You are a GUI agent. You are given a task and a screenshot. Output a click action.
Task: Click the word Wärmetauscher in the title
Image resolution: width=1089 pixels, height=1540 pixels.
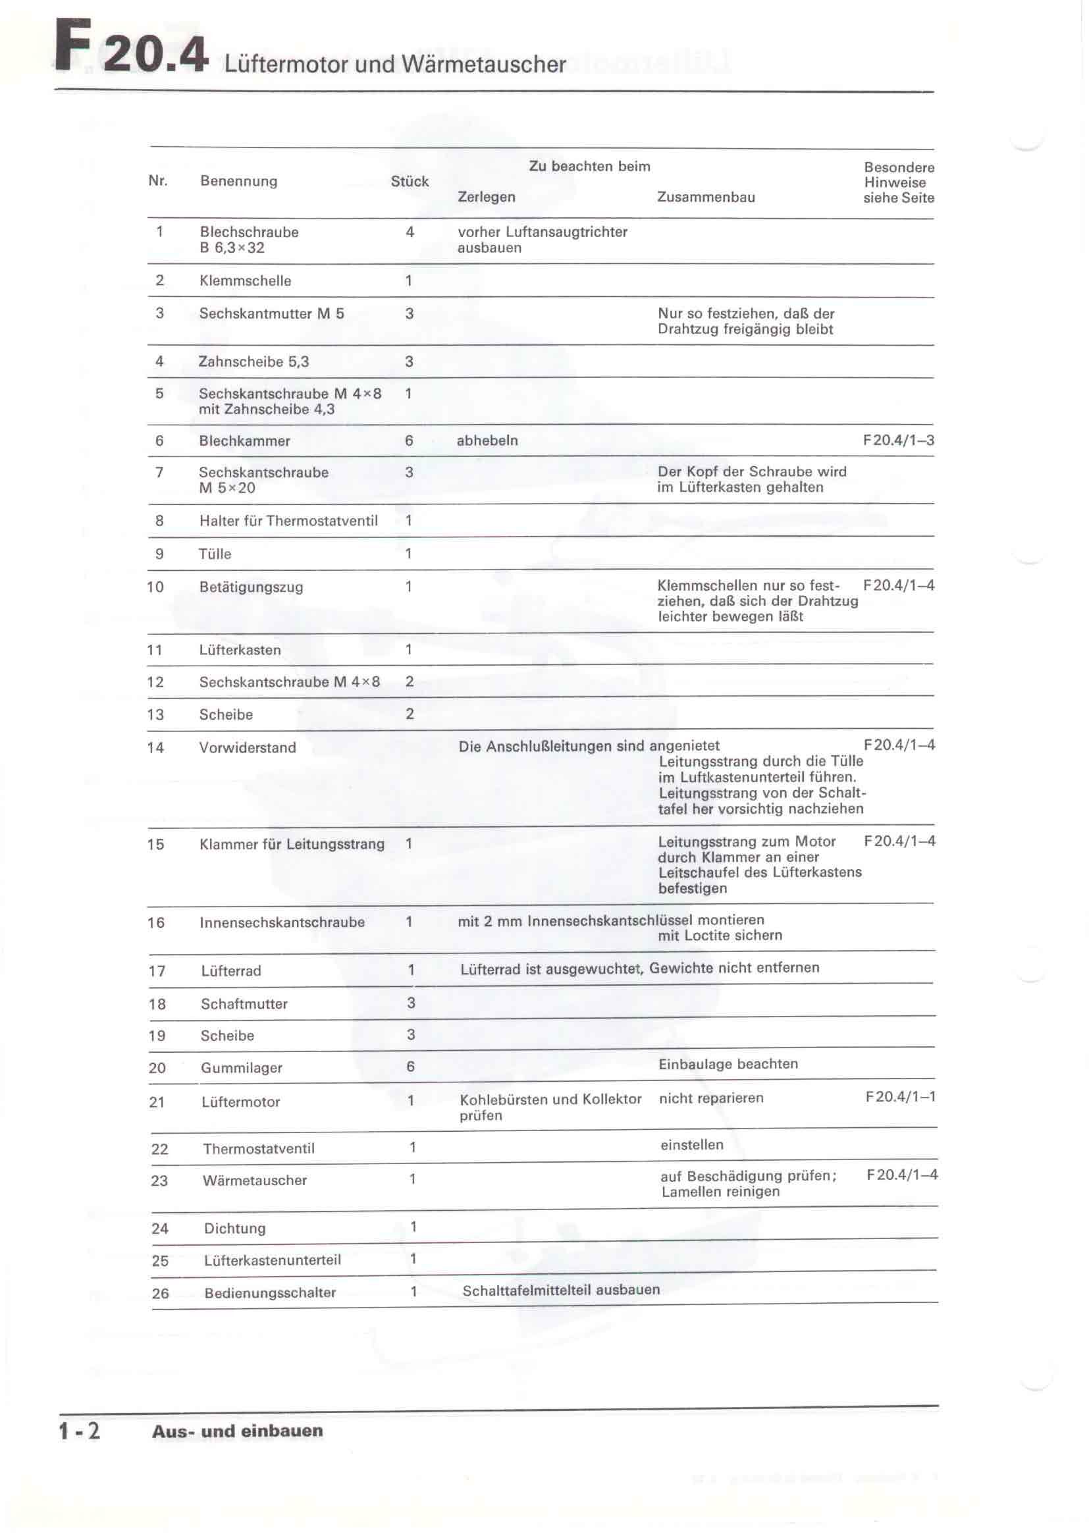pyautogui.click(x=483, y=65)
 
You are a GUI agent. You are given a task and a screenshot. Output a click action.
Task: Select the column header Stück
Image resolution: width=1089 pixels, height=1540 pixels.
pyautogui.click(x=410, y=181)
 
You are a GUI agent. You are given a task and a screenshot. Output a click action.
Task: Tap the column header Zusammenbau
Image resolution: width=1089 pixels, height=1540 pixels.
pyautogui.click(x=705, y=198)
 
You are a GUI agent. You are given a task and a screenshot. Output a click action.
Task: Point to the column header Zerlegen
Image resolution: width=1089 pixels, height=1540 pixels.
pyautogui.click(x=486, y=198)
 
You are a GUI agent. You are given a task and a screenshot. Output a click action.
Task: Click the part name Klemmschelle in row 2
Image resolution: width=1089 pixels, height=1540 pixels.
pyautogui.click(x=245, y=281)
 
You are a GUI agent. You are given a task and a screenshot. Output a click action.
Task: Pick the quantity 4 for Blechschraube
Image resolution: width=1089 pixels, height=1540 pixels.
pyautogui.click(x=410, y=232)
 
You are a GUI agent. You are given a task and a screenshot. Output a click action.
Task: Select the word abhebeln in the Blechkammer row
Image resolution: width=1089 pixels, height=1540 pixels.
pyautogui.click(x=487, y=440)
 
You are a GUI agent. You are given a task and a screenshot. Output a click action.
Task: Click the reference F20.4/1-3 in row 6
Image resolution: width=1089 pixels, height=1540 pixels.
pyautogui.click(x=898, y=440)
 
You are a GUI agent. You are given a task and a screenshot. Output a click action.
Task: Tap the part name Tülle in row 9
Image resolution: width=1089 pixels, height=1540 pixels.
pyautogui.click(x=215, y=554)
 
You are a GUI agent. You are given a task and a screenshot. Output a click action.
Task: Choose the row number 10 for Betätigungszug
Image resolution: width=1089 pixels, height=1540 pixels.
pyautogui.click(x=155, y=587)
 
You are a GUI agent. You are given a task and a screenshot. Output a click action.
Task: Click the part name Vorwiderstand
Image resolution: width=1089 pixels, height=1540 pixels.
pyautogui.click(x=248, y=748)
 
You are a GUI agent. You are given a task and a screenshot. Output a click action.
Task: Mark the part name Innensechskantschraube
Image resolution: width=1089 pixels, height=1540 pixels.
pyautogui.click(x=282, y=922)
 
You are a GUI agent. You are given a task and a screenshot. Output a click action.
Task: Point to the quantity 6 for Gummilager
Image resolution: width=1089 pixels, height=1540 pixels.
pyautogui.click(x=410, y=1067)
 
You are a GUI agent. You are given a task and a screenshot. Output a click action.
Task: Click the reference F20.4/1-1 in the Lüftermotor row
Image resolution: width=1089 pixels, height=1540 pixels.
pyautogui.click(x=900, y=1098)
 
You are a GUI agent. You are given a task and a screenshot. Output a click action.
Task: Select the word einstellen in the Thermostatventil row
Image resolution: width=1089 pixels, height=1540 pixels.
pyautogui.click(x=691, y=1145)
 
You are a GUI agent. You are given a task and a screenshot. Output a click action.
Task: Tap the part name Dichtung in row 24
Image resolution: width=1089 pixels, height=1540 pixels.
pyautogui.click(x=234, y=1229)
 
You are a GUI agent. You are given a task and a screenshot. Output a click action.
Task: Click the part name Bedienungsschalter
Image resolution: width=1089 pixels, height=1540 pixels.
pyautogui.click(x=269, y=1293)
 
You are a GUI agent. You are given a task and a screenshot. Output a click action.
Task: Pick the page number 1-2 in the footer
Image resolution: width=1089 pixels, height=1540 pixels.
pyautogui.click(x=79, y=1431)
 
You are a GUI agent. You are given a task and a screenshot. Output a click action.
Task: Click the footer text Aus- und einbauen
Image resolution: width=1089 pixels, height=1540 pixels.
pyautogui.click(x=238, y=1431)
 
